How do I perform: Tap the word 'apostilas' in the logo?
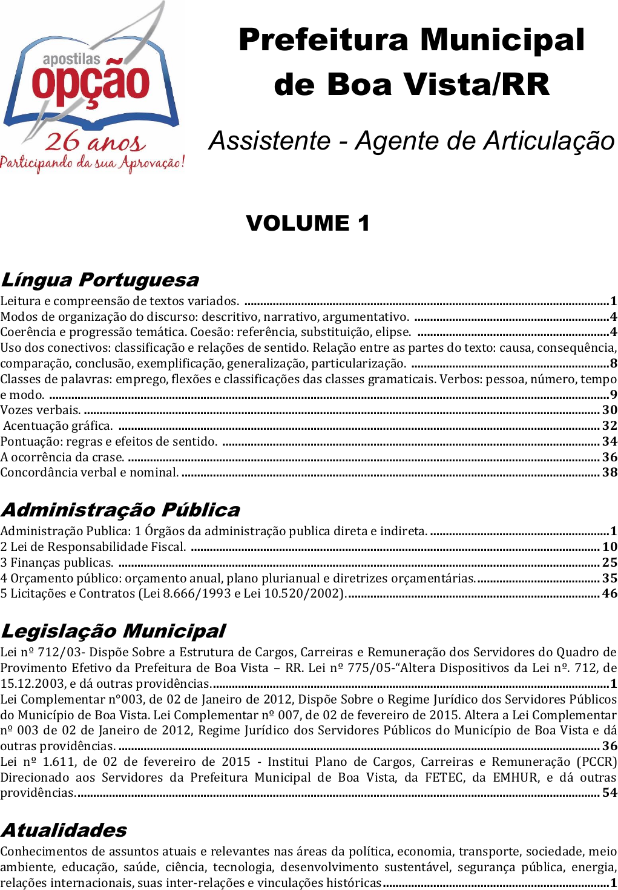tap(71, 59)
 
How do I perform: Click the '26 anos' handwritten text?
tap(95, 142)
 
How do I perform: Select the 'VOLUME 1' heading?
tap(307, 223)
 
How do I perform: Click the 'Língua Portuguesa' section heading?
tap(100, 280)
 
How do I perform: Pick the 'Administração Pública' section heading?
tap(120, 510)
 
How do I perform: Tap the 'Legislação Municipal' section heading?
tap(113, 631)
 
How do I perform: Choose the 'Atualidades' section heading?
tap(64, 830)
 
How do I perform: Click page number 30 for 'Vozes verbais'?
tap(610, 410)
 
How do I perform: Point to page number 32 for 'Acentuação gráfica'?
tap(610, 426)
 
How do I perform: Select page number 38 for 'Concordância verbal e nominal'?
tap(610, 473)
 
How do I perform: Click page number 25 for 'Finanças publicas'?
tap(610, 563)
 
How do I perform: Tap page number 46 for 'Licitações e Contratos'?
tap(610, 594)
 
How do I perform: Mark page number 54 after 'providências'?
tap(610, 793)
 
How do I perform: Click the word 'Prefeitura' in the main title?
tap(324, 41)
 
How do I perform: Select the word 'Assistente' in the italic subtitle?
tap(270, 141)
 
